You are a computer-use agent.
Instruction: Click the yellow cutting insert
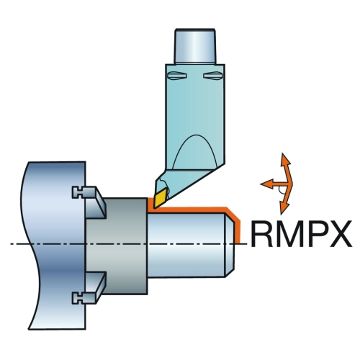(161, 198)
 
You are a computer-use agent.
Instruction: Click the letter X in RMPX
(340, 234)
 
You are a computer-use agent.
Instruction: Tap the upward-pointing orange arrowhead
(285, 159)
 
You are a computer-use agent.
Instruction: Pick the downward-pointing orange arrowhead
(284, 208)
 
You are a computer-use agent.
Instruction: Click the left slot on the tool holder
(177, 76)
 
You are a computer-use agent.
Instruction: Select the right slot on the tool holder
(213, 76)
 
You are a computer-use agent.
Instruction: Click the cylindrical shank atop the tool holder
(195, 46)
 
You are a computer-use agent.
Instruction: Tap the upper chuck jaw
(95, 203)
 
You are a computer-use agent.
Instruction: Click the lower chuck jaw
(95, 288)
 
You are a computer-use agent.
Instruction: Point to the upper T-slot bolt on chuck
(78, 192)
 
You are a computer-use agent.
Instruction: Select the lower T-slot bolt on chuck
(78, 299)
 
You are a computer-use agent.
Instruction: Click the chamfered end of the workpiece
(230, 245)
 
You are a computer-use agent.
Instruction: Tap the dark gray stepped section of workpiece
(117, 246)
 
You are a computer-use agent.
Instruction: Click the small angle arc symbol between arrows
(279, 191)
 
